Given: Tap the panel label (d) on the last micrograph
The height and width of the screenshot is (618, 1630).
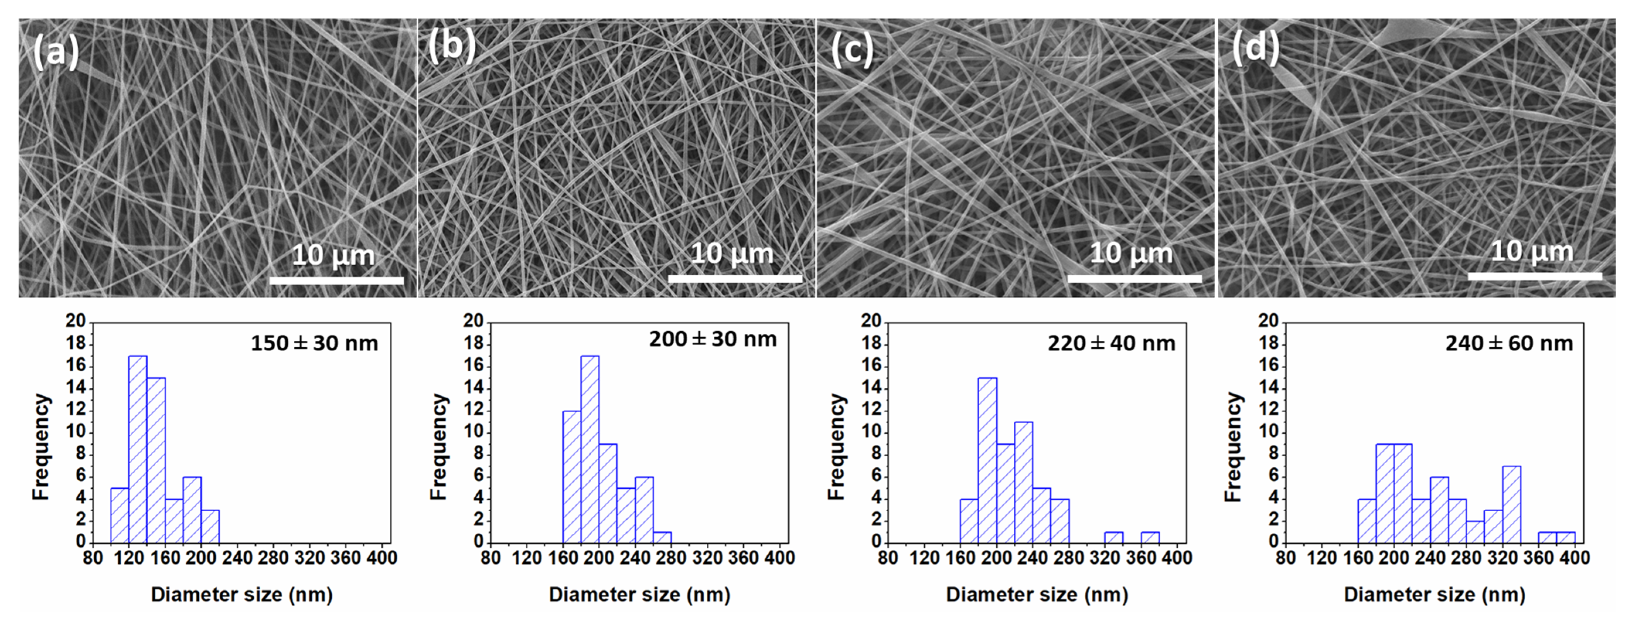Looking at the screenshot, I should click(1255, 48).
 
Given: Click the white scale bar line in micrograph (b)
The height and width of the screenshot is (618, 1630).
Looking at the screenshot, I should click(735, 278).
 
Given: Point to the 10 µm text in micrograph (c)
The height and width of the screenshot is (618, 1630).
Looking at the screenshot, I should click(1131, 253).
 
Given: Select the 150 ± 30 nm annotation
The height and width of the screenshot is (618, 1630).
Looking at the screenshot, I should click(314, 343).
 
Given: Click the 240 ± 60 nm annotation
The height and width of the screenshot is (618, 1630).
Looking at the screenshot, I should click(1509, 343).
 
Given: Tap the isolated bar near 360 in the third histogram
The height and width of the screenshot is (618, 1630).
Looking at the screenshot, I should click(1150, 536).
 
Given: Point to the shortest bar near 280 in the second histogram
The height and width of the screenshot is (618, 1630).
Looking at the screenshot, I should click(662, 536).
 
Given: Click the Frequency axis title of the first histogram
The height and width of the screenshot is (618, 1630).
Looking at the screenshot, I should click(41, 446).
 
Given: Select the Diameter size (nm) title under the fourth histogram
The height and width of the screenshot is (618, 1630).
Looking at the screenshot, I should click(1434, 594).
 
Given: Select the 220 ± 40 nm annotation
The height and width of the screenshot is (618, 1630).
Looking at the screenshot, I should click(1111, 343).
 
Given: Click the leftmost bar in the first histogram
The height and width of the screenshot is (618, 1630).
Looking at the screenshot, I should click(119, 515).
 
